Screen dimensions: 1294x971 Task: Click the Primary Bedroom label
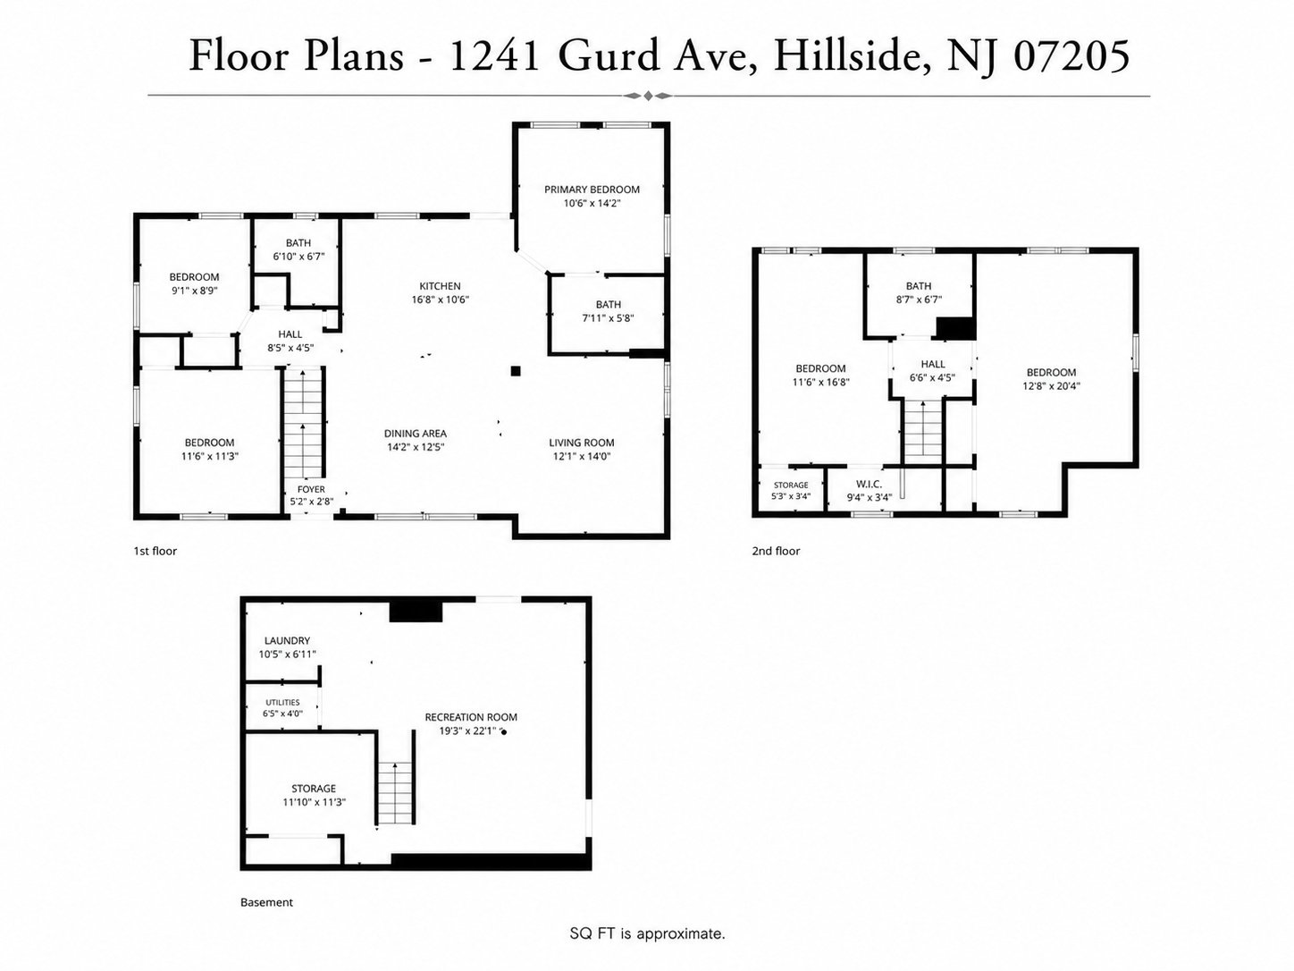(x=592, y=190)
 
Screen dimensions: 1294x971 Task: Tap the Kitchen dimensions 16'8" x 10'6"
(x=440, y=300)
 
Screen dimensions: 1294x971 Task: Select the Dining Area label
(x=415, y=434)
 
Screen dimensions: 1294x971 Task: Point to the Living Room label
(x=581, y=443)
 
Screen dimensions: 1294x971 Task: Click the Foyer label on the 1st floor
(x=311, y=489)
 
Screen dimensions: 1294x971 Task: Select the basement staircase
(x=395, y=793)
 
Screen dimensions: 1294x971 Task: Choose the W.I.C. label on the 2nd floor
(x=869, y=484)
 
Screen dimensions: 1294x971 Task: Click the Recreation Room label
(x=471, y=717)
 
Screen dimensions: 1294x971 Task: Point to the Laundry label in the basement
(x=287, y=640)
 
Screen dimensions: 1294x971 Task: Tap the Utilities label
(x=282, y=702)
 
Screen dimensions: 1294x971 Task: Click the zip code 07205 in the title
(x=1071, y=56)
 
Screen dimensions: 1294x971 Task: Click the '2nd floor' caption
(x=776, y=552)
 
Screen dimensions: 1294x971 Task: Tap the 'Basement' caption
(x=266, y=903)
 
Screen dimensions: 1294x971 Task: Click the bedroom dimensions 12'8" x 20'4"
(x=1051, y=386)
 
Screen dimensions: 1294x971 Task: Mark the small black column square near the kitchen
(x=516, y=371)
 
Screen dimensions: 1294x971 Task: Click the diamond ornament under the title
(x=648, y=96)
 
